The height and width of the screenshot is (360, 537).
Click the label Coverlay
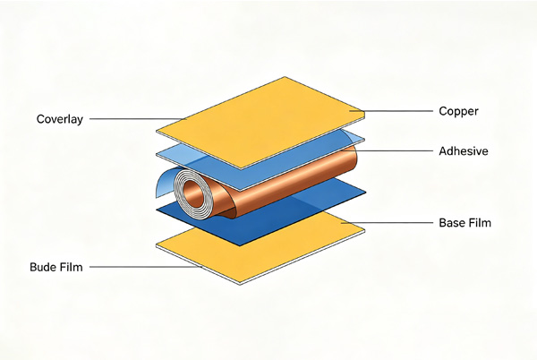tap(60, 119)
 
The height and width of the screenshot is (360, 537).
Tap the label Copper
tap(458, 111)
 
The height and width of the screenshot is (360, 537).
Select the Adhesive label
tap(464, 151)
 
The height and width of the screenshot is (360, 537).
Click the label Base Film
tap(465, 223)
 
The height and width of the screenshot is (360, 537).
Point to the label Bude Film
tap(56, 267)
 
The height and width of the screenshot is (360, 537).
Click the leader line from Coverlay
tap(138, 119)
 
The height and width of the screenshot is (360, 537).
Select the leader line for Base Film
tap(387, 223)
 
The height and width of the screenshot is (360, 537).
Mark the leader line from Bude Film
tap(146, 267)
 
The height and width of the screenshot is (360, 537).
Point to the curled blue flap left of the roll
tap(164, 182)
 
